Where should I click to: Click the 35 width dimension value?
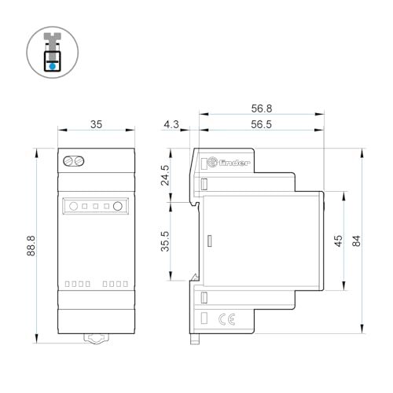tap(95, 124)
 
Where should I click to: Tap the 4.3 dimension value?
tap(172, 124)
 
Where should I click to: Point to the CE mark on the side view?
tap(222, 319)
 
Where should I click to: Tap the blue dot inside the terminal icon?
tap(53, 67)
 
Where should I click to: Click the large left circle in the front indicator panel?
tap(73, 208)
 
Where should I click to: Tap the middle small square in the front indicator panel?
tap(95, 208)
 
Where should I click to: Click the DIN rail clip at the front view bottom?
tap(95, 340)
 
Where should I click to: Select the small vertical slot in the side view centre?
tap(209, 242)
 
